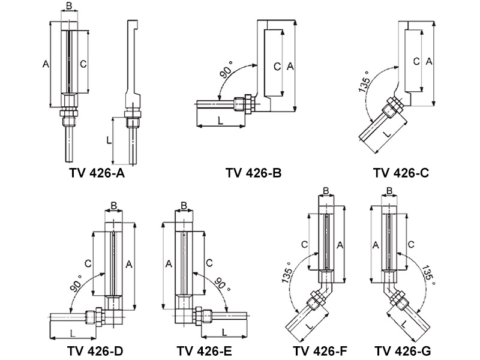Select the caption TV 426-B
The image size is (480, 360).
click(x=254, y=174)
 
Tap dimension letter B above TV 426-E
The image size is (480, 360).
click(x=184, y=206)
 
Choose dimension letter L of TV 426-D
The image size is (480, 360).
click(x=73, y=333)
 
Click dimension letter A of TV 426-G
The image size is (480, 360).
click(x=376, y=245)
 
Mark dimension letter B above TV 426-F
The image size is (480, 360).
click(x=326, y=191)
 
